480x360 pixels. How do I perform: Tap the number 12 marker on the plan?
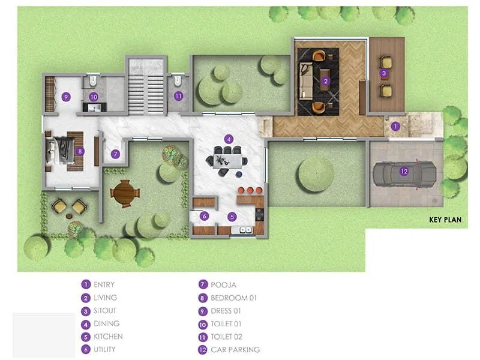click(x=404, y=172)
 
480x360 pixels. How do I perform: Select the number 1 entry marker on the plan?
click(x=395, y=127)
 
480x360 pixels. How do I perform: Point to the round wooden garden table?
click(x=125, y=193)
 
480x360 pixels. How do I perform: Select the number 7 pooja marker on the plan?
click(x=116, y=154)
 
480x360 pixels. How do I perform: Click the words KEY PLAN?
click(x=445, y=220)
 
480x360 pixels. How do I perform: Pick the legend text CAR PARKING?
click(x=235, y=350)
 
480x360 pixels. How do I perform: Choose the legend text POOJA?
click(x=224, y=285)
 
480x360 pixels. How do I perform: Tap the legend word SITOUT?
click(x=105, y=311)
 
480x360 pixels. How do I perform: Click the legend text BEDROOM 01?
click(x=234, y=298)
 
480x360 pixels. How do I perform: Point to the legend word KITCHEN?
click(x=108, y=337)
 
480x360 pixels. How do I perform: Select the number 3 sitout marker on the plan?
click(x=384, y=73)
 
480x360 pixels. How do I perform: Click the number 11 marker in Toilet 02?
click(x=178, y=96)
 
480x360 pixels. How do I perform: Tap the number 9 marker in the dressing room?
click(x=66, y=96)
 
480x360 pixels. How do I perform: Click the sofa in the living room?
click(x=306, y=80)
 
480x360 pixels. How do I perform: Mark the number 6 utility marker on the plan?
click(x=204, y=216)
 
